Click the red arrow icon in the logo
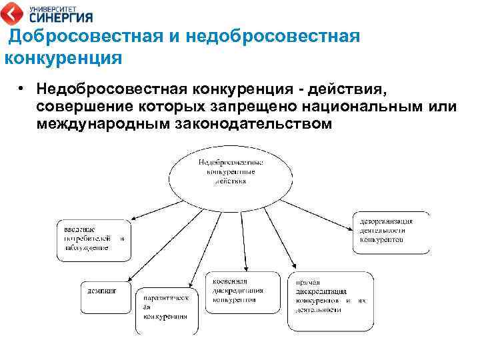(11, 13)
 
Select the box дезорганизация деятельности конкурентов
(391, 232)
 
